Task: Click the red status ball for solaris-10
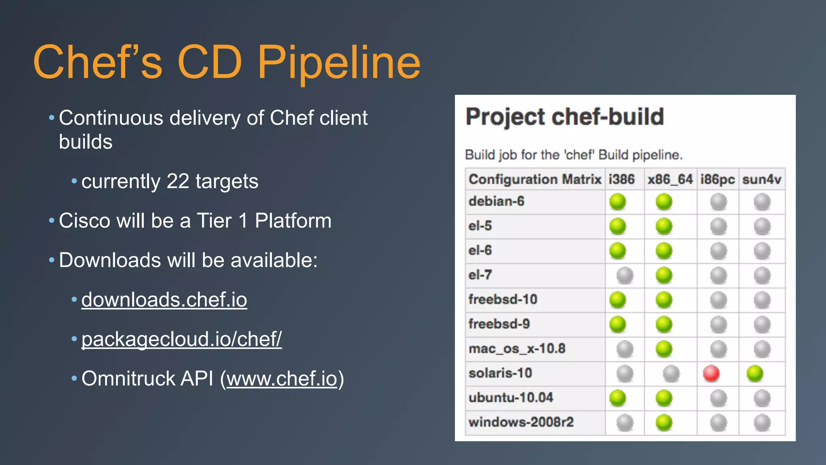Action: [711, 373]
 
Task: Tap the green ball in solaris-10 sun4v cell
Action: [755, 373]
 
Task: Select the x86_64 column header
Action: [670, 179]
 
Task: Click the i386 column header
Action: [622, 179]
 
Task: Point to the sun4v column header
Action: [761, 179]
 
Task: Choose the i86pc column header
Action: [718, 179]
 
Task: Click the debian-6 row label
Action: [496, 201]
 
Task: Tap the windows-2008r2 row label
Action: [521, 422]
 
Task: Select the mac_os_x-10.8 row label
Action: [517, 348]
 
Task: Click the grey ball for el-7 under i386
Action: [625, 276]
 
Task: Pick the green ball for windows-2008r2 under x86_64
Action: [664, 423]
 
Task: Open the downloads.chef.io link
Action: [164, 300]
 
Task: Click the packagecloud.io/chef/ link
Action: [181, 339]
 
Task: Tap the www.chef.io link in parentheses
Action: [282, 379]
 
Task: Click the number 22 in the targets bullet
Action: [177, 181]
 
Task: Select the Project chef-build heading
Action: [565, 117]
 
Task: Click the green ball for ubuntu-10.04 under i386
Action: [617, 398]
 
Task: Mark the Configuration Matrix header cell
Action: [535, 179]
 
